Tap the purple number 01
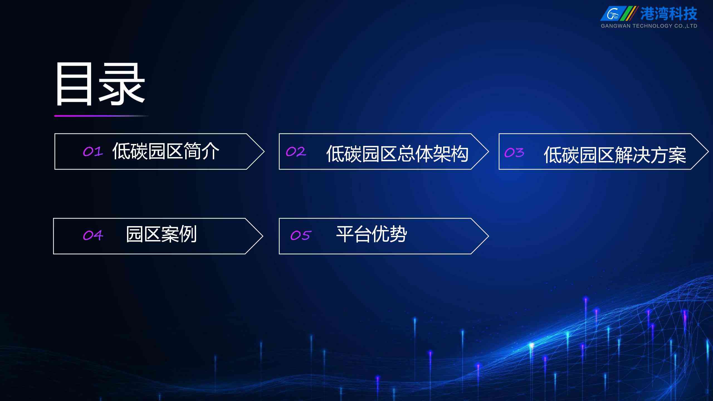click(93, 152)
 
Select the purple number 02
click(296, 152)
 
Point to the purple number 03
click(514, 153)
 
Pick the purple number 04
click(93, 236)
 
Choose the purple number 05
click(300, 236)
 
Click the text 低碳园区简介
click(166, 151)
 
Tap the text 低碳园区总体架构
click(397, 154)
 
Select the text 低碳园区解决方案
click(615, 155)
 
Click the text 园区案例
click(162, 234)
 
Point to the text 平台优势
click(372, 234)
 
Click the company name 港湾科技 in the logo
click(668, 14)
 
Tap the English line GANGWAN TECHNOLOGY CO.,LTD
click(649, 26)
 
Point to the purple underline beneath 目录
click(101, 116)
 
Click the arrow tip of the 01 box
click(264, 152)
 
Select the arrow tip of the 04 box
click(263, 236)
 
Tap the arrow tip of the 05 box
click(489, 236)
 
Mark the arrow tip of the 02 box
click(489, 152)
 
